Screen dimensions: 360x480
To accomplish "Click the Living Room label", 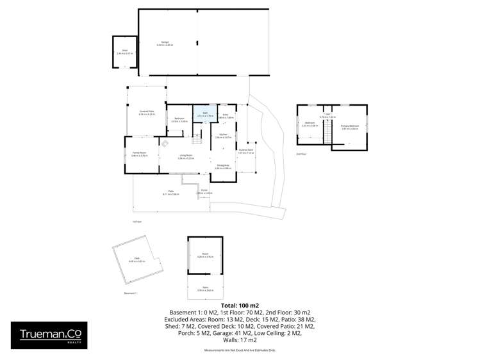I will [186, 156].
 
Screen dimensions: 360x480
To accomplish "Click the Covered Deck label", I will [245, 151].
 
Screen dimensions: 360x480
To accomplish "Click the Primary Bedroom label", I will [350, 127].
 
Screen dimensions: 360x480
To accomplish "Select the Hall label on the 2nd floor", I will [327, 115].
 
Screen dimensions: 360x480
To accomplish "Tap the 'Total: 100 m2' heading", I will [240, 304].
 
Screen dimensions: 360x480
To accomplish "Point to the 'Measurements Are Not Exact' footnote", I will [240, 351].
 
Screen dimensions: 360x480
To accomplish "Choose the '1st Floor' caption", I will [136, 222].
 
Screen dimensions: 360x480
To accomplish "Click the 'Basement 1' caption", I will [130, 293].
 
